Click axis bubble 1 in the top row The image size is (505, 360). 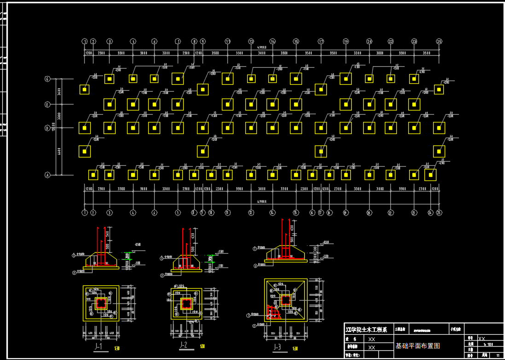click(85, 41)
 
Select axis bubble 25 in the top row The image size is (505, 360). click(439, 41)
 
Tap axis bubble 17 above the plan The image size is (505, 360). click(321, 41)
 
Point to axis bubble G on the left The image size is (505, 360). click(47, 79)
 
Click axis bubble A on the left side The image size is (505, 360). click(47, 175)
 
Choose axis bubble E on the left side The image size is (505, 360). click(47, 105)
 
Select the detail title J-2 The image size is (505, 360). click(184, 345)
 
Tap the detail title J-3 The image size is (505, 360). click(277, 347)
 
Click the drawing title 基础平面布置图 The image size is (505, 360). click(418, 345)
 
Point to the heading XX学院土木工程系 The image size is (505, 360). click(367, 330)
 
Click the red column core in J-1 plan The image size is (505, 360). click(101, 303)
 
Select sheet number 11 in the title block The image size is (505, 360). click(497, 355)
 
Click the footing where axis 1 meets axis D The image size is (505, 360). click(85, 128)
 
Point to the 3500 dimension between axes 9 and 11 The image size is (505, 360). click(215, 53)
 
